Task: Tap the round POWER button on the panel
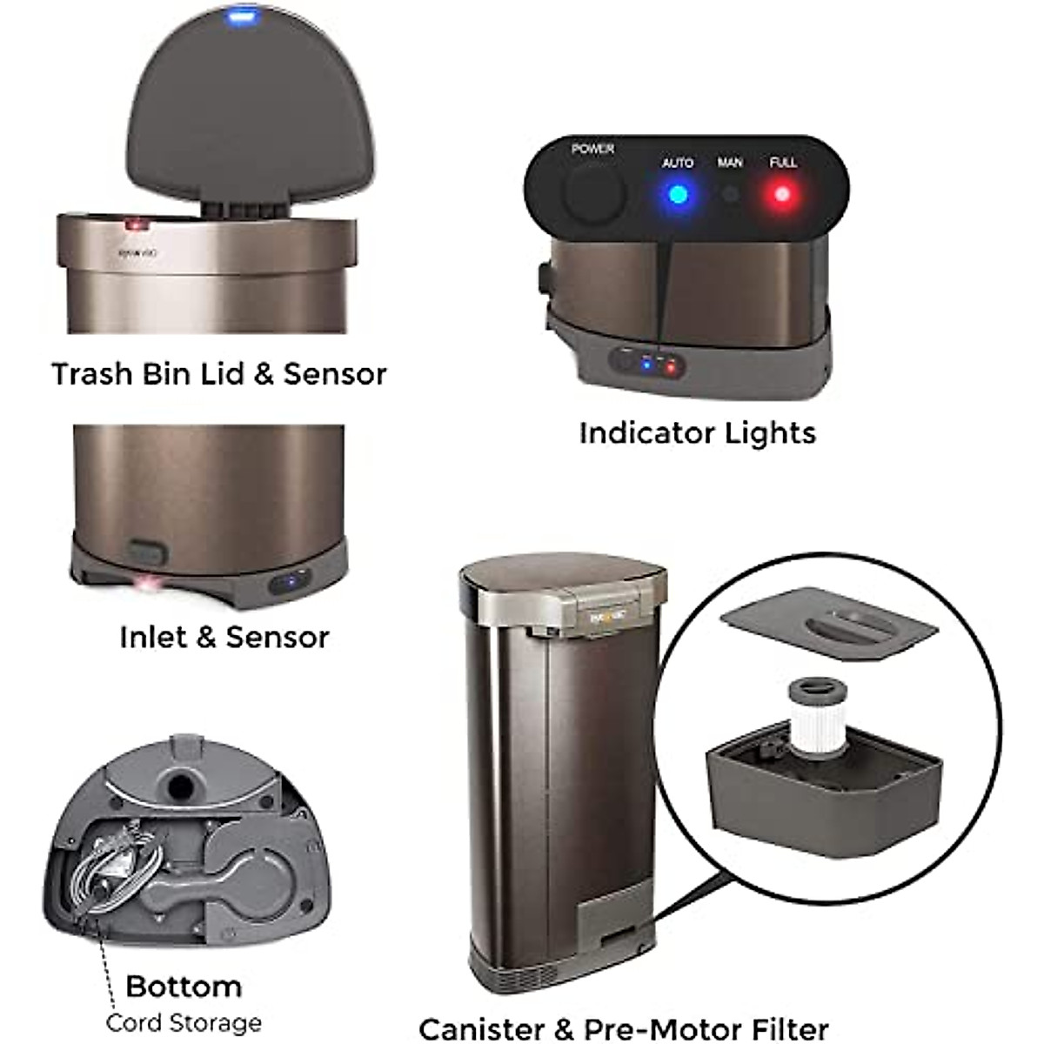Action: pos(593,192)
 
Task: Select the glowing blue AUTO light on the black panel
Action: pos(677,194)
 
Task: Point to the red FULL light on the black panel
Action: pos(782,194)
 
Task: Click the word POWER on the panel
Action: pos(592,149)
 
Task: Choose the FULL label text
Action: pos(783,163)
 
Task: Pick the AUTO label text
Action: pos(678,163)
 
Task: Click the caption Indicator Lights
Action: pos(698,433)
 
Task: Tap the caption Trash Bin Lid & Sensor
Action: pos(219,374)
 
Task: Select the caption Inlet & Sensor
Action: pos(224,637)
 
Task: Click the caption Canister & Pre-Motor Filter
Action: pos(624,1028)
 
